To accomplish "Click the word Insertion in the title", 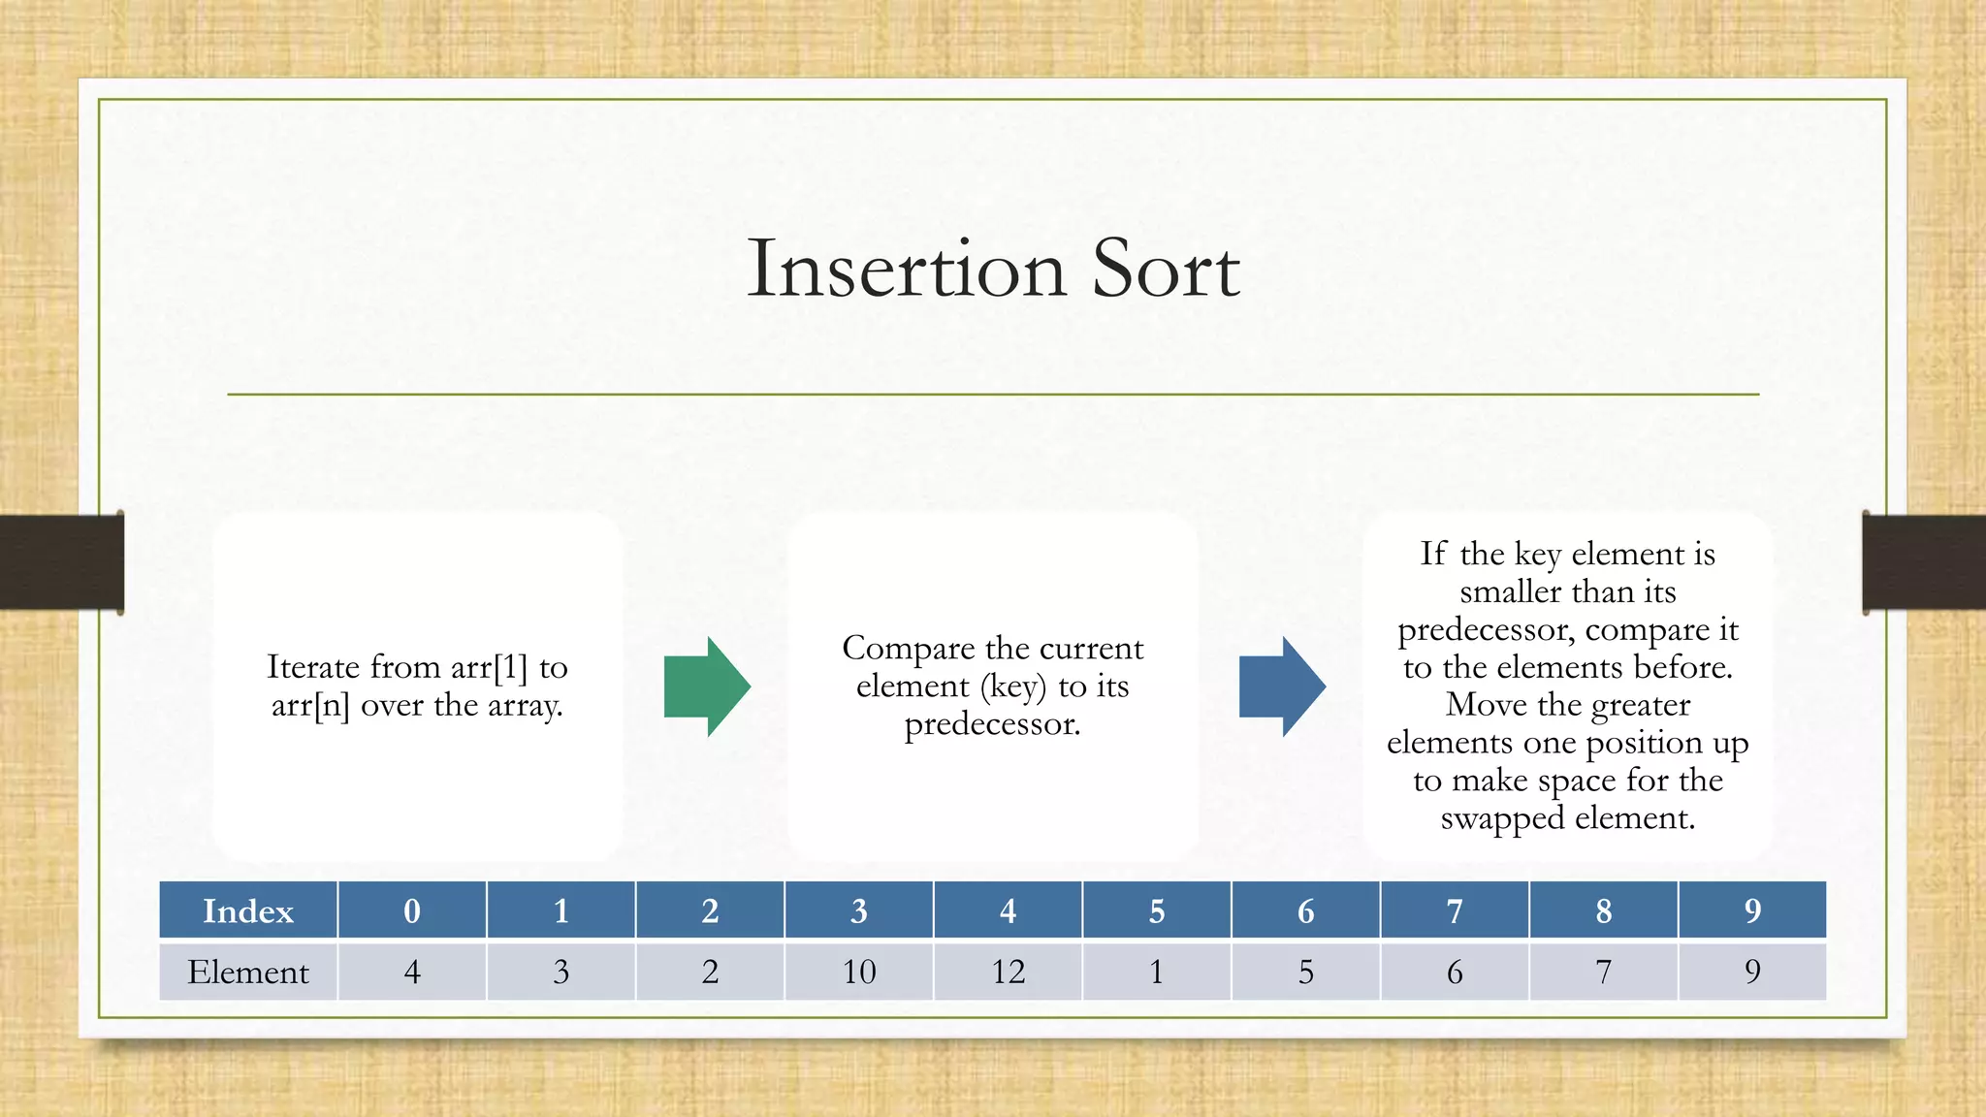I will click(x=907, y=269).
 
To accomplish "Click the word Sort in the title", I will click(x=1166, y=269).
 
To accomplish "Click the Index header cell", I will click(x=248, y=910).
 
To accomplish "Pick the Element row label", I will click(x=248, y=972).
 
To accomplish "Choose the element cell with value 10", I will click(x=859, y=972).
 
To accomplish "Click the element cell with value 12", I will click(x=1008, y=972).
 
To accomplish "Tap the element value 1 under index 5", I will click(x=1156, y=972).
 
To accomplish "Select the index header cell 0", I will click(x=412, y=910).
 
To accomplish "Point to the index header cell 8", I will click(x=1603, y=910).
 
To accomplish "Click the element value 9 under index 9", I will click(x=1752, y=972).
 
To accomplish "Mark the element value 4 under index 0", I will click(x=412, y=972).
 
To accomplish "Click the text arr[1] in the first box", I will click(x=490, y=667).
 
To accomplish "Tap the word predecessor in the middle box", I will click(x=991, y=724).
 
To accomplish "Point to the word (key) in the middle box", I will click(x=1013, y=686).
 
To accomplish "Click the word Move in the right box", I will click(x=1482, y=705).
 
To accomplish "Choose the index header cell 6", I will click(x=1305, y=910).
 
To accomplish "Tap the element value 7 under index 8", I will click(x=1603, y=972).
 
